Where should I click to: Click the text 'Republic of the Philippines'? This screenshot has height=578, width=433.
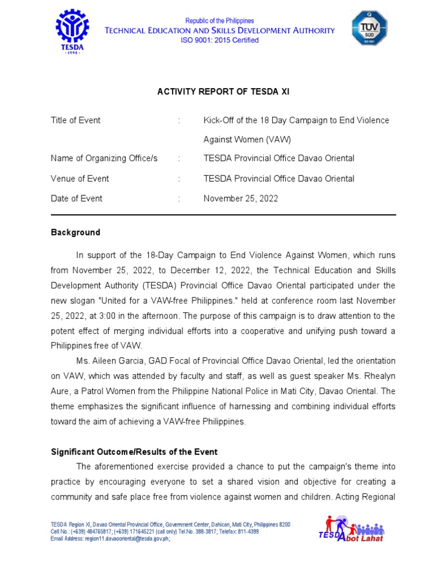[219, 21]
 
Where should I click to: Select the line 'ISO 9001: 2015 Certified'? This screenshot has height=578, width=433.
[219, 41]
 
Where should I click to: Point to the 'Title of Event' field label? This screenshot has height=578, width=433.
[76, 120]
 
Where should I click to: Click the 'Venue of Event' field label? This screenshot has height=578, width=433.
[80, 179]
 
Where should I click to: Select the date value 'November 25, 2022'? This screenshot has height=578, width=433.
[241, 199]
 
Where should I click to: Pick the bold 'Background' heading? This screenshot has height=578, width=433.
[76, 233]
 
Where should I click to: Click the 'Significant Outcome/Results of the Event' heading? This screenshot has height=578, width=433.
[134, 452]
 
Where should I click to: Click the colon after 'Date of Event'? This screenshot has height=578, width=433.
[179, 199]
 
